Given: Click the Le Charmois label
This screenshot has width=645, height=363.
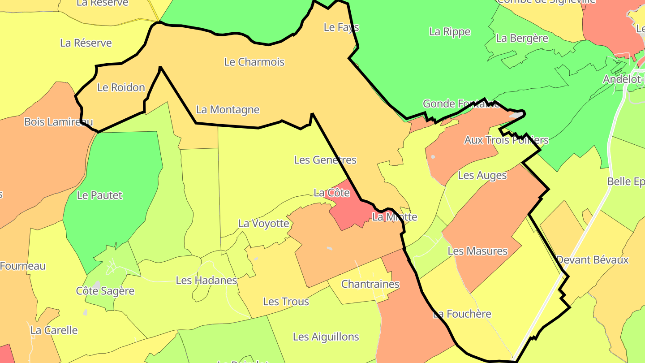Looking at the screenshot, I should click(x=254, y=62).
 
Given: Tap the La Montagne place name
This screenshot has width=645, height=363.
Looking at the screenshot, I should click(x=228, y=109).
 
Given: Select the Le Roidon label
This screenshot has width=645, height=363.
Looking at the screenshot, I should click(x=121, y=87).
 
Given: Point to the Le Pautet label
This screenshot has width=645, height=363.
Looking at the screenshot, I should click(x=99, y=195).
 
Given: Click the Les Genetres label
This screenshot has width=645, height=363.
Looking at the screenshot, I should click(x=325, y=160).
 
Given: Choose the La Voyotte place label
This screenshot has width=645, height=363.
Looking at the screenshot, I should click(x=263, y=223).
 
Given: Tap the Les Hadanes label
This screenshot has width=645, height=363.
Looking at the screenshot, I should click(x=206, y=281).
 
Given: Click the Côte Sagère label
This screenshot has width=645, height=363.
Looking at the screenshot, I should click(x=105, y=291).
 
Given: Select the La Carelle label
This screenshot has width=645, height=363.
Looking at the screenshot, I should click(x=54, y=330).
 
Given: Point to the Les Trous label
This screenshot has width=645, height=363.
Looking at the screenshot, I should click(x=286, y=302).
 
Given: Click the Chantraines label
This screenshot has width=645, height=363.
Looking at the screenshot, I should click(x=370, y=284).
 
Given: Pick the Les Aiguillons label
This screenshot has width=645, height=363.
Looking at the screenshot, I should click(x=326, y=337).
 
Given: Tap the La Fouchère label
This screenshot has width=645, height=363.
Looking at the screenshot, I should click(x=462, y=314).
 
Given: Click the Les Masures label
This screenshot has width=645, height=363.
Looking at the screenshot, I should click(x=477, y=251).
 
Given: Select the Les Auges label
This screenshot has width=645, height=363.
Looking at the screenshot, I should click(x=482, y=175).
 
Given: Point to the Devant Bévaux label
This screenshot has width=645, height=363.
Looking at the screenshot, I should click(x=592, y=260).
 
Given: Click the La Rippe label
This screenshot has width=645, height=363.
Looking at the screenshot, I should click(x=450, y=32).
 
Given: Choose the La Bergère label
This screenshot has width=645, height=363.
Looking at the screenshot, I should click(x=522, y=39).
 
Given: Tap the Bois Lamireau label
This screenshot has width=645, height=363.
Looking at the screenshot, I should click(x=58, y=122).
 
